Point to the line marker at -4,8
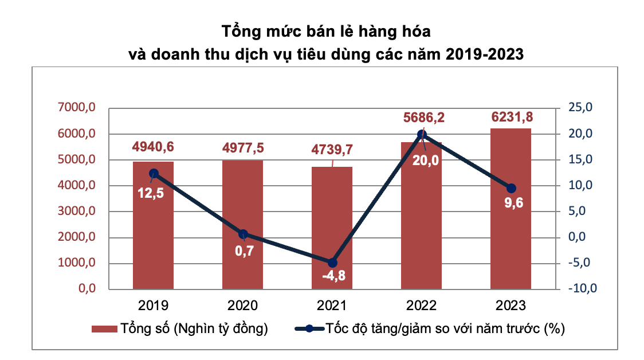[332, 263]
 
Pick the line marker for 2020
[243, 234]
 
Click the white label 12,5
[150, 193]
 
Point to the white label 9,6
[512, 203]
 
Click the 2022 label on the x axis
[421, 304]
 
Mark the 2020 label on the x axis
[243, 304]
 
